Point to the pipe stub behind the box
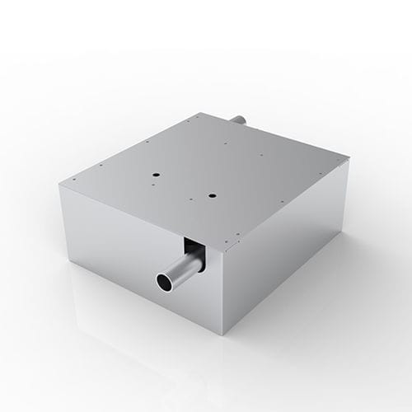[238, 120]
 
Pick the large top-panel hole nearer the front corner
[212, 195]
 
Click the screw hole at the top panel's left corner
[73, 180]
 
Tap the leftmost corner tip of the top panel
[59, 185]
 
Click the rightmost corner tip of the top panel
[349, 161]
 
